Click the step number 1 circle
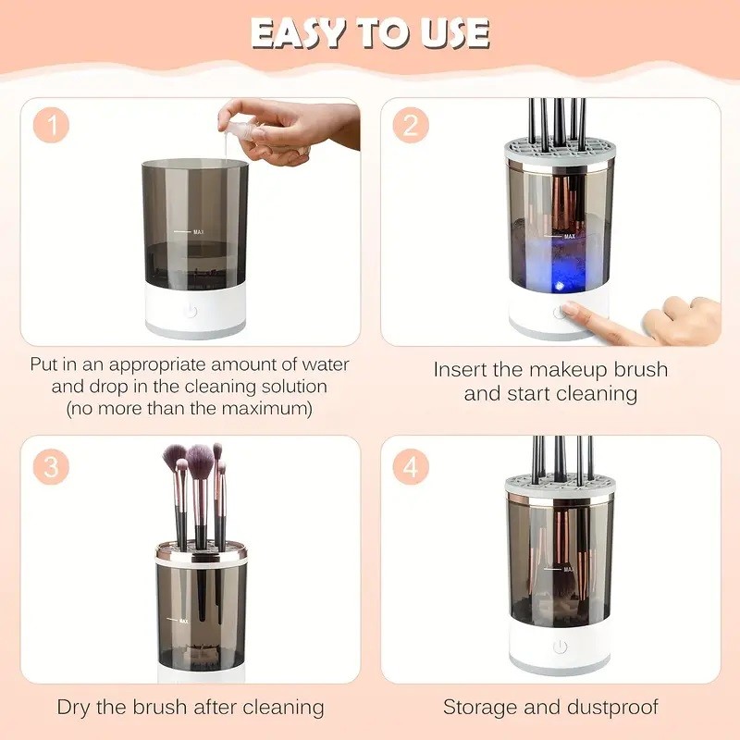click(x=52, y=127)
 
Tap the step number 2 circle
click(x=411, y=127)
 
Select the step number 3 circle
click(x=52, y=467)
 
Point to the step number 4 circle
click(x=411, y=467)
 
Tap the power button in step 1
click(x=191, y=311)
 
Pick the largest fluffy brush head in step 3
click(x=201, y=457)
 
